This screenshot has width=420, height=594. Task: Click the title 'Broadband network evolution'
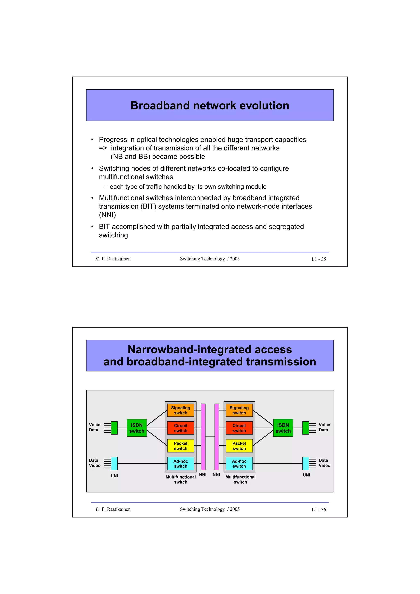click(x=210, y=106)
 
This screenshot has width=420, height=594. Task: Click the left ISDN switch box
click(x=137, y=428)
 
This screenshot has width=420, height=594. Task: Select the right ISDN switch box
click(x=283, y=428)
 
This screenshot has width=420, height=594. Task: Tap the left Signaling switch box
click(x=180, y=410)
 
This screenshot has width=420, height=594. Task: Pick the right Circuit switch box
click(x=239, y=428)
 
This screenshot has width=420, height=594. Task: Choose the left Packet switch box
click(x=180, y=446)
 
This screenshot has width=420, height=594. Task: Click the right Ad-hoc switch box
click(x=239, y=464)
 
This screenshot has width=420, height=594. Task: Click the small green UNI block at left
click(x=114, y=428)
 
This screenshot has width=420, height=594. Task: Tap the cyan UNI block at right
click(x=306, y=464)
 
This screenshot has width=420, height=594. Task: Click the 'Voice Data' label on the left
click(x=95, y=427)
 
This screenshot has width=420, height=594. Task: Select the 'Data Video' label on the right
click(x=324, y=463)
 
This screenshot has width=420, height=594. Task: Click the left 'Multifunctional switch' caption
click(x=180, y=479)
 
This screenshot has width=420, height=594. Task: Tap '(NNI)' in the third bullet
click(x=107, y=215)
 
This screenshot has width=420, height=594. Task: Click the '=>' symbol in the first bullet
click(x=103, y=148)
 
